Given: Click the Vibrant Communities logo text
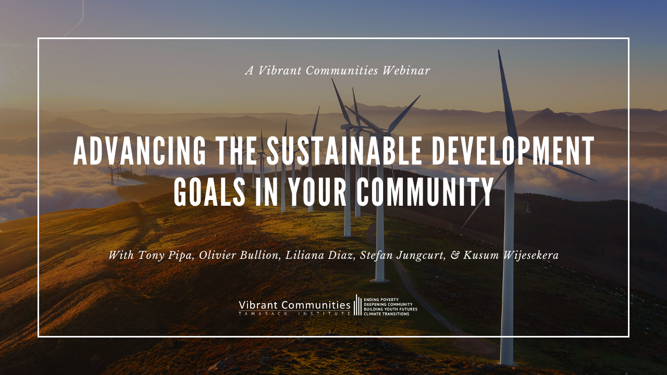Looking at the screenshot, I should pos(294,304).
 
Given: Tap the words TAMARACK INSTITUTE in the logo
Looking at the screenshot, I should pos(294,314).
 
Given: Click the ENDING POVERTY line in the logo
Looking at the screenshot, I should pos(381,299).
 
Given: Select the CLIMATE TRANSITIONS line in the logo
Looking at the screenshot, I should pos(386,314).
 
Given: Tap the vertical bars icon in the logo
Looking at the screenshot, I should pos(358,305).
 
